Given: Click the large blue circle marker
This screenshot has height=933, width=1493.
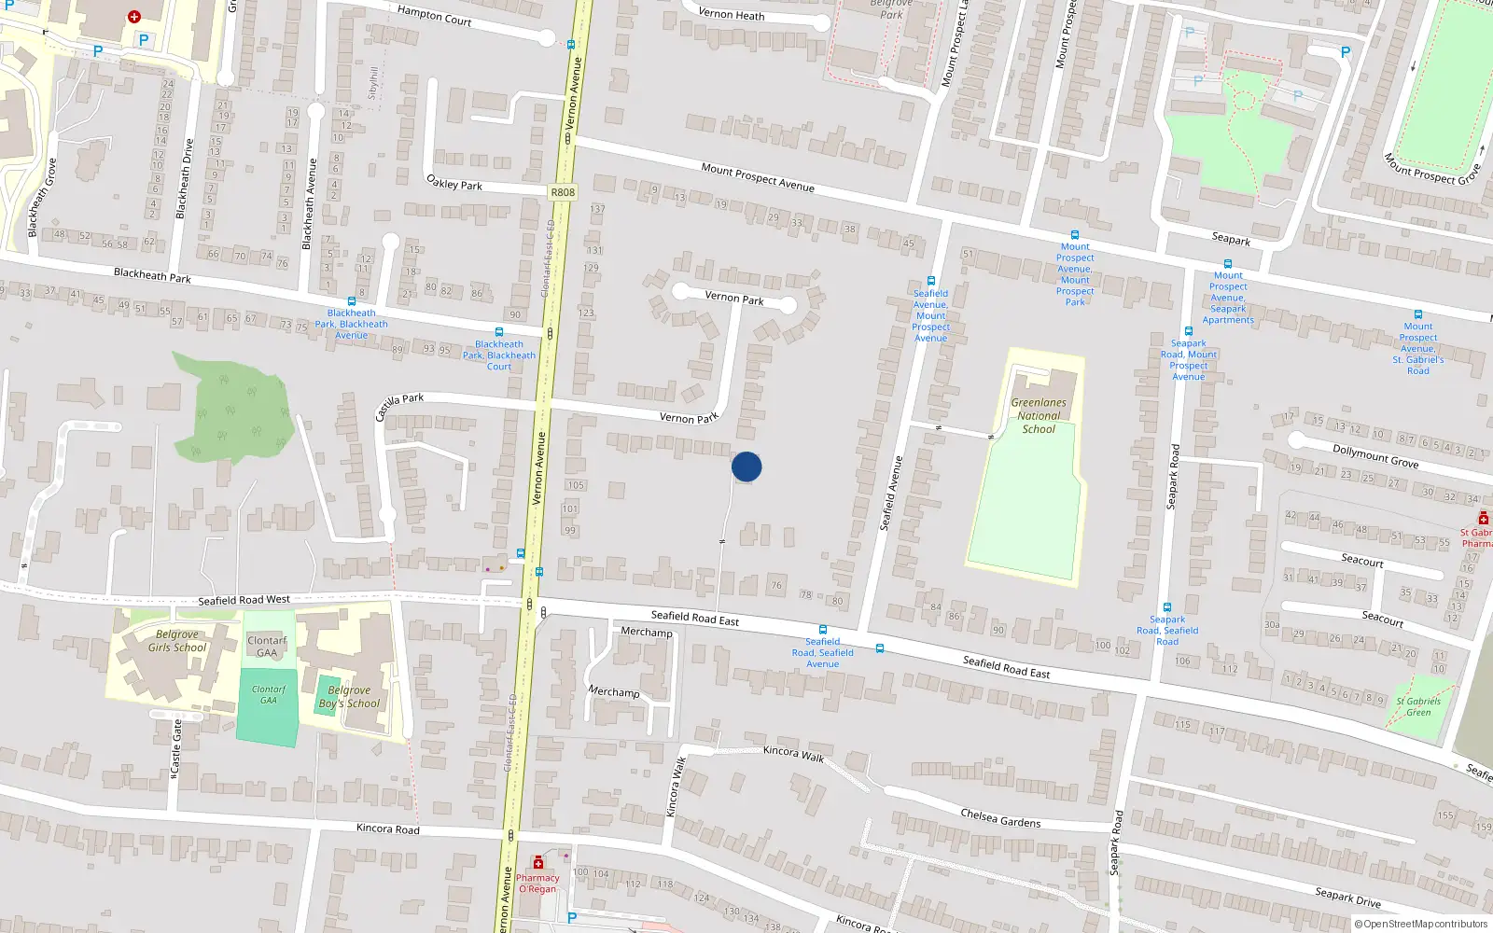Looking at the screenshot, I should point(746,466).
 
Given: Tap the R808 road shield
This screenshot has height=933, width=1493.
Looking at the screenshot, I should point(563,192).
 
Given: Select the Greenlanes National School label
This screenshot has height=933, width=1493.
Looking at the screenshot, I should point(1039,416).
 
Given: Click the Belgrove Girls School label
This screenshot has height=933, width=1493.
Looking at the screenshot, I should point(177,641).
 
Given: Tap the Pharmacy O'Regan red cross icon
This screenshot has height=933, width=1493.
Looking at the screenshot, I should point(538,863).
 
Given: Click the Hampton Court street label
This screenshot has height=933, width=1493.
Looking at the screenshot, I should point(434,15).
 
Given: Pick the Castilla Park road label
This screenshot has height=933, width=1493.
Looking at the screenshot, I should point(399,406).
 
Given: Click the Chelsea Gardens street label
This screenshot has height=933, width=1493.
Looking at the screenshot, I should point(1000,818).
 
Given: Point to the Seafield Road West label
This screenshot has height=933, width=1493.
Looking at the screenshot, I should point(244,600).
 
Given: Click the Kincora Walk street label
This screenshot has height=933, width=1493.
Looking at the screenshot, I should point(793,753).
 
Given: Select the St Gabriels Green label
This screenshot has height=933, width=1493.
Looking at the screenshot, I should point(1418,706).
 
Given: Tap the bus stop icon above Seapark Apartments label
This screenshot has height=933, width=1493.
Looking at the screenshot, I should point(1228,264).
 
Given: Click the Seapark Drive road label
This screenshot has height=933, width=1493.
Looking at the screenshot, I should point(1347,898).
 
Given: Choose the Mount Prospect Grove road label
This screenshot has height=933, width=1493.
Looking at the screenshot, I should point(1431,169).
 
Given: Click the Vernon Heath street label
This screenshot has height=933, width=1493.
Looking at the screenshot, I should point(731,14).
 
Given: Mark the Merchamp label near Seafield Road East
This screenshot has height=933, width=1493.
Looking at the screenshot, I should point(647,633).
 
